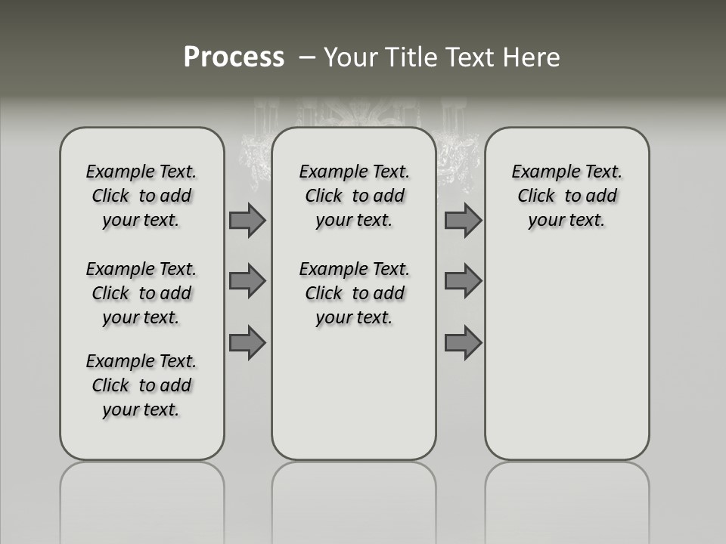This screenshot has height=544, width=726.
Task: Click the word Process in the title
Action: pyautogui.click(x=234, y=57)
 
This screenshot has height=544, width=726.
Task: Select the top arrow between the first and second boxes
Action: pyautogui.click(x=247, y=220)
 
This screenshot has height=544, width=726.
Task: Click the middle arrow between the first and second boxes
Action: pyautogui.click(x=247, y=281)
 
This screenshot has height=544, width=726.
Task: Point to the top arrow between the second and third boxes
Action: pyautogui.click(x=463, y=220)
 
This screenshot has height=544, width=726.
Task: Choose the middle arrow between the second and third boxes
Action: pyautogui.click(x=463, y=281)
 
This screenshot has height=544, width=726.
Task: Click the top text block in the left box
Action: pyautogui.click(x=141, y=196)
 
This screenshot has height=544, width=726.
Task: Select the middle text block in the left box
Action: pyautogui.click(x=141, y=293)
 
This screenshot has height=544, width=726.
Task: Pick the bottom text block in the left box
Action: pyautogui.click(x=141, y=385)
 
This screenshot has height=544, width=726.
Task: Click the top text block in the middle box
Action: pyautogui.click(x=355, y=196)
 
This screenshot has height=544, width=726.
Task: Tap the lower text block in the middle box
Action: pyautogui.click(x=355, y=293)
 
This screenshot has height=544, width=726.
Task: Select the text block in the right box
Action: pyautogui.click(x=567, y=196)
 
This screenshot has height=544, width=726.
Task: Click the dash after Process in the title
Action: pyautogui.click(x=308, y=57)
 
